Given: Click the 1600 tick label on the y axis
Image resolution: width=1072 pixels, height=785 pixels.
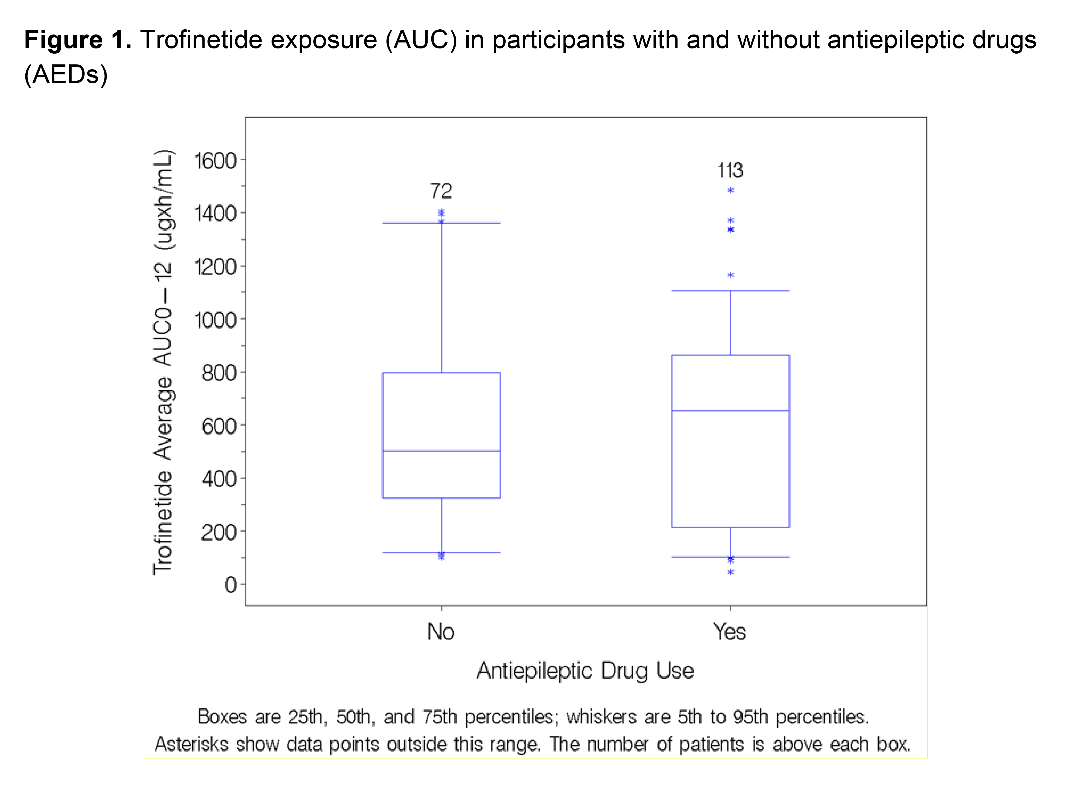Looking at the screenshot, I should point(215,161).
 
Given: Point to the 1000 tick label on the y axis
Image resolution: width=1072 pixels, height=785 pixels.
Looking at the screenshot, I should point(215,321).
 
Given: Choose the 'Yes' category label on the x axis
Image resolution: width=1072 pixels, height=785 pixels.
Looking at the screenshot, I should point(730,632).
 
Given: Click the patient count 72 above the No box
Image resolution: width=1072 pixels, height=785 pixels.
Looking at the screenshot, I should point(441,191).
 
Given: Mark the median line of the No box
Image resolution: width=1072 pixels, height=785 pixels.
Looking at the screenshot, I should point(441,450).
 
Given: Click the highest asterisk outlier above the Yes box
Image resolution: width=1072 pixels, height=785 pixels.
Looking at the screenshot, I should point(730,190).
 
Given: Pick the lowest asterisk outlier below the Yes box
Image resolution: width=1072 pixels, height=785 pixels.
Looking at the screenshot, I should point(730,572).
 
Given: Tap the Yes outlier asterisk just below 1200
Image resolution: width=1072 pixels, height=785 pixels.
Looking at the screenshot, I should point(730,275).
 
